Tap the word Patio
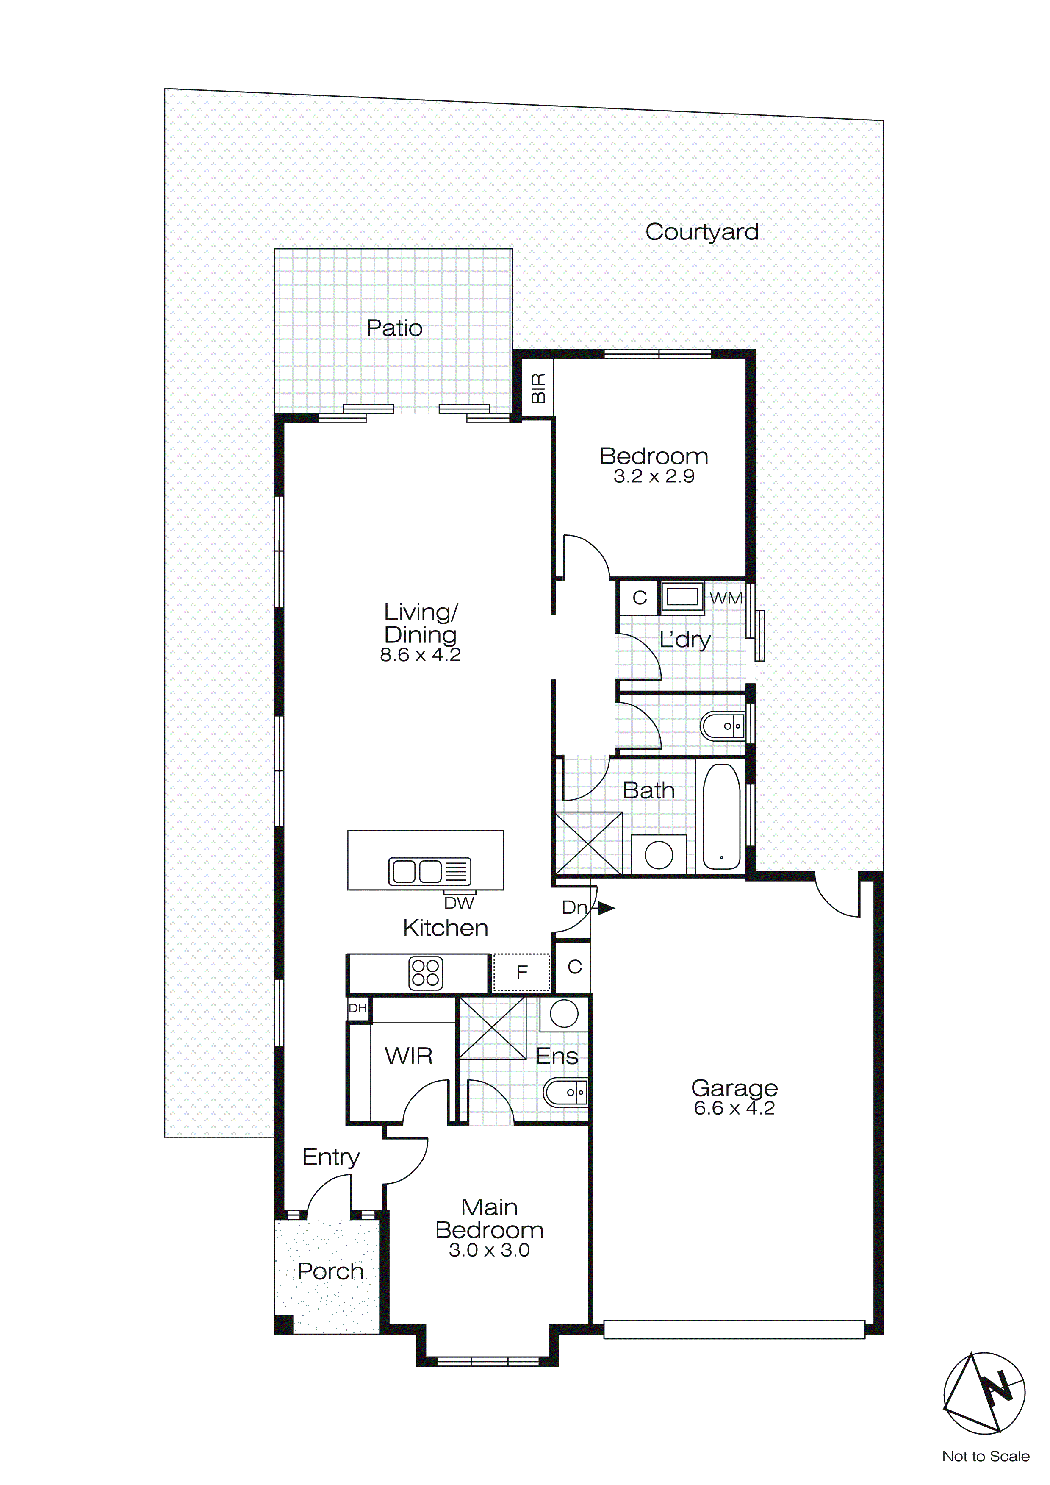click(394, 328)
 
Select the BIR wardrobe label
click(538, 388)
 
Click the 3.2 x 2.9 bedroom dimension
click(654, 477)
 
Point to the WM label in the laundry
click(726, 598)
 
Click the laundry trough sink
click(682, 596)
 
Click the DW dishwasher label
click(459, 903)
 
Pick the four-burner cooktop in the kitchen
click(425, 973)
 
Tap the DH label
click(357, 1008)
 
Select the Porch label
click(330, 1271)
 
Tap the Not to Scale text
click(985, 1456)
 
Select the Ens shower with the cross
click(492, 1028)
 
